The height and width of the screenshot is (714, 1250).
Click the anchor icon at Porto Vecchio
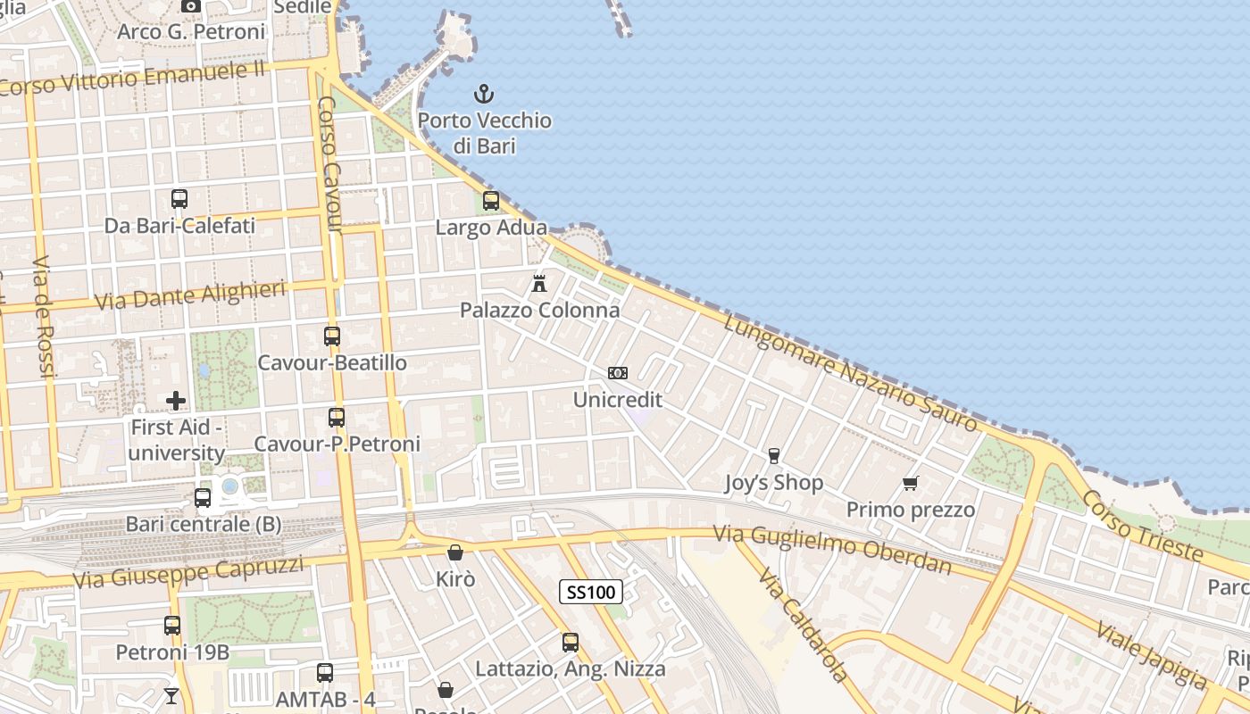pyautogui.click(x=483, y=93)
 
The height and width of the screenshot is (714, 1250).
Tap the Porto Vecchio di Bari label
pyautogui.click(x=485, y=132)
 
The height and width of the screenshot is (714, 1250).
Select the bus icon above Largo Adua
pyautogui.click(x=490, y=201)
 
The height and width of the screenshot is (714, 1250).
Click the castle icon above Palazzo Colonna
pyautogui.click(x=539, y=284)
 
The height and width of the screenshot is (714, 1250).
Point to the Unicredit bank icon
pyautogui.click(x=617, y=373)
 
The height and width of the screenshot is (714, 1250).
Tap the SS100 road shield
pyautogui.click(x=591, y=591)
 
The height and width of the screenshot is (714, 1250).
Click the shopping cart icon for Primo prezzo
pyautogui.click(x=910, y=484)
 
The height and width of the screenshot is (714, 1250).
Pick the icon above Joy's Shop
pyautogui.click(x=773, y=456)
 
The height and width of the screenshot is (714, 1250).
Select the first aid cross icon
pyautogui.click(x=176, y=401)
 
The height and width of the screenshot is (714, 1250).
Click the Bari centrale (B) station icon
pyautogui.click(x=203, y=498)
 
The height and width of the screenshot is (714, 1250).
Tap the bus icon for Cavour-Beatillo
pyautogui.click(x=332, y=336)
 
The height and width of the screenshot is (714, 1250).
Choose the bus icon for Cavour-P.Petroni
pyautogui.click(x=337, y=418)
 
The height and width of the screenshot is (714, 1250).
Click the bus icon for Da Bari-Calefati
pyautogui.click(x=179, y=199)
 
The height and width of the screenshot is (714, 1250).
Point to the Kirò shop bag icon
pyautogui.click(x=455, y=552)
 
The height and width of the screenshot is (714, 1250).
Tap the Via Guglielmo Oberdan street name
pyautogui.click(x=832, y=549)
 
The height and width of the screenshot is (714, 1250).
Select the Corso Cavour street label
pyautogui.click(x=330, y=164)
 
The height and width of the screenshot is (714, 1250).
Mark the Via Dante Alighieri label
pyautogui.click(x=190, y=295)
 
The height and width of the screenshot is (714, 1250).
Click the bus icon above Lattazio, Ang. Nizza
pyautogui.click(x=571, y=642)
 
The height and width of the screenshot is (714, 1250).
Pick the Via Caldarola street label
pyautogui.click(x=804, y=625)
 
